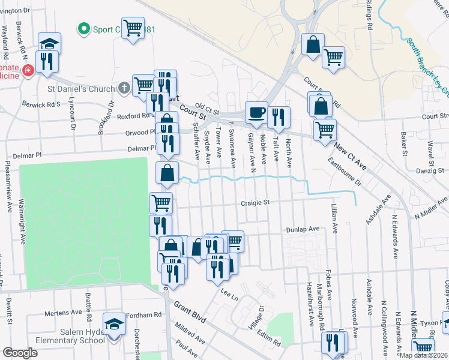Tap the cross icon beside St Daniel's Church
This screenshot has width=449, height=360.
pyautogui.click(x=124, y=89)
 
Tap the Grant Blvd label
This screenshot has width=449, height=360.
pyautogui.click(x=190, y=312)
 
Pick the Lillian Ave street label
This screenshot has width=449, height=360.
pyautogui.click(x=334, y=218)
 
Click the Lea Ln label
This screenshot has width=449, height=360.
pyautogui.click(x=229, y=294)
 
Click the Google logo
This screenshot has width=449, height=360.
pyautogui.click(x=20, y=353)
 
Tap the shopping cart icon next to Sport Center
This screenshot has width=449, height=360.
pyautogui.click(x=133, y=28)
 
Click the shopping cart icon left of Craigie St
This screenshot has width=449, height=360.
pyautogui.click(x=161, y=203)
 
